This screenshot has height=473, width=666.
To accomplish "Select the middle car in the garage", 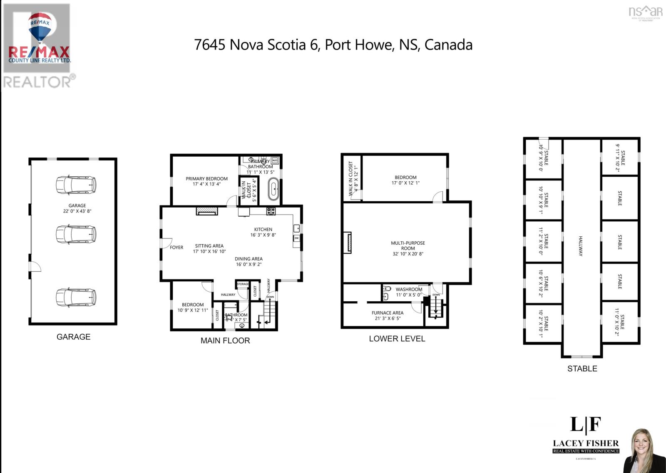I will (x=76, y=234).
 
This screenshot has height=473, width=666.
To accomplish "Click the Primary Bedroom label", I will (x=206, y=179).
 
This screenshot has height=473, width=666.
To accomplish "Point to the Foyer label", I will (x=176, y=248).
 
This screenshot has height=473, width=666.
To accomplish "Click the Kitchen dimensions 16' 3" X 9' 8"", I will (x=263, y=235).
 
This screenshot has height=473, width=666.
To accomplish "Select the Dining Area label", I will (x=249, y=259).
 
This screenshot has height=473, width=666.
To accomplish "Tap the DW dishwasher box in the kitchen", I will (x=296, y=238).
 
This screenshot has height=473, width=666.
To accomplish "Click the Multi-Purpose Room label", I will (x=408, y=245).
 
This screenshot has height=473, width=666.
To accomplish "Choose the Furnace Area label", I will (x=387, y=313).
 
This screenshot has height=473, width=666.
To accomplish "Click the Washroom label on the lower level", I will (x=409, y=289).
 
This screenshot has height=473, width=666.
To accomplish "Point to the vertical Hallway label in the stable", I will (x=581, y=246).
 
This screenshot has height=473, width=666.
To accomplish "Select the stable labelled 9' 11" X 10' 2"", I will (x=620, y=158).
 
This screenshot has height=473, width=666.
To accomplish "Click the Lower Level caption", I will (x=397, y=339).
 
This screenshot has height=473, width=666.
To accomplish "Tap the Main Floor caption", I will (x=225, y=340).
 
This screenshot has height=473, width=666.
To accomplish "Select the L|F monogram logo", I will (x=585, y=425).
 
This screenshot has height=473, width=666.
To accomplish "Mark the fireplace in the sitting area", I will (x=207, y=211).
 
